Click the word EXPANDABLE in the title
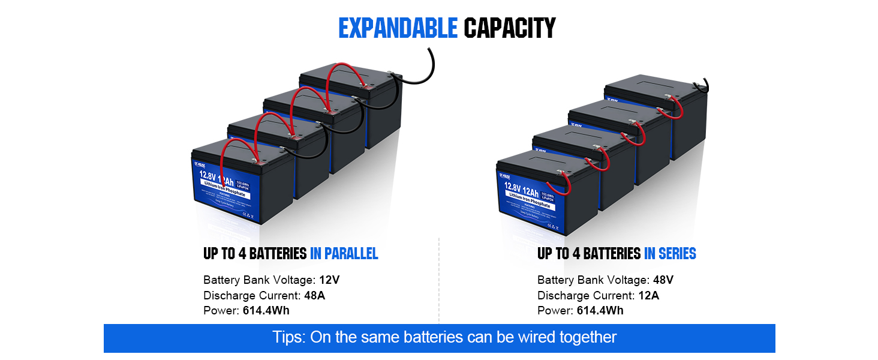398,28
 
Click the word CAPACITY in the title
510,28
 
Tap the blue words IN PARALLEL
344,254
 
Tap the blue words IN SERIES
670,254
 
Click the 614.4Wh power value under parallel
266,310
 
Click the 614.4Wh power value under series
600,310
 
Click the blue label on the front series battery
528,198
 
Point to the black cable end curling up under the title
431,60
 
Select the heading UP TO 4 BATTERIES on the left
255,254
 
